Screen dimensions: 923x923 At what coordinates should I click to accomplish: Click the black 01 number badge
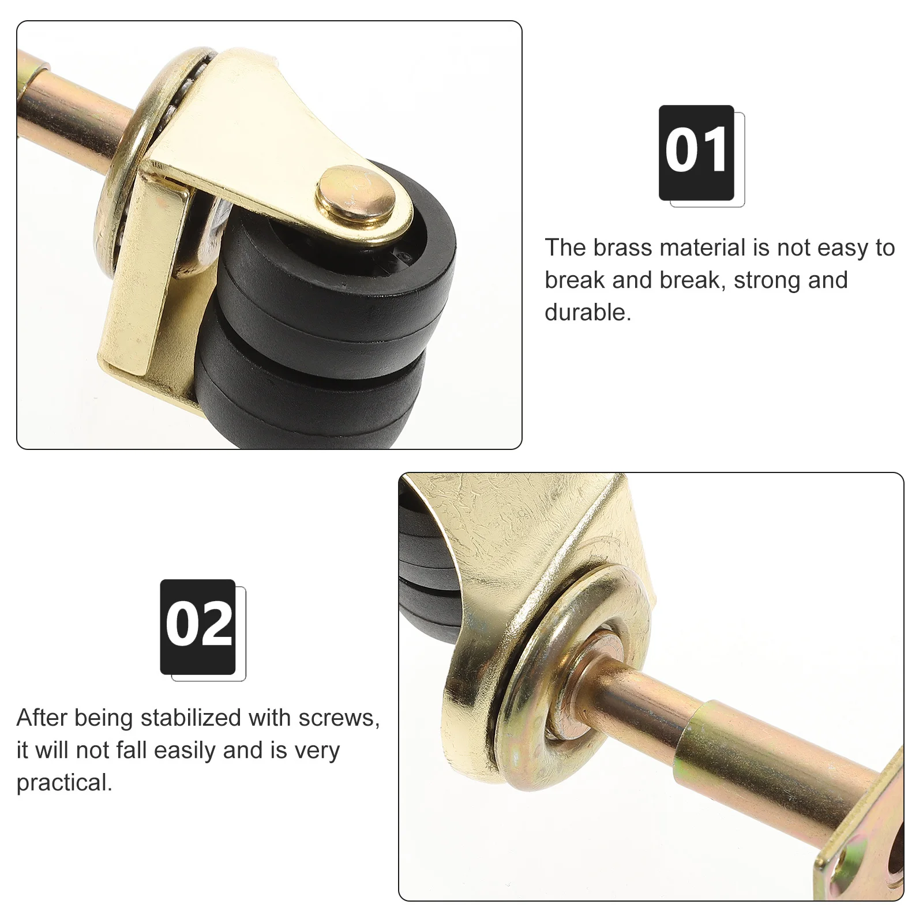[x=696, y=152]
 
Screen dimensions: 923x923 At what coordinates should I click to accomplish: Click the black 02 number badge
[x=198, y=626]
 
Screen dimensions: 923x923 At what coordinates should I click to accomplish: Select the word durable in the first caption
[x=587, y=312]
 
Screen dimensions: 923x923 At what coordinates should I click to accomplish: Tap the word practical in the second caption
[x=63, y=782]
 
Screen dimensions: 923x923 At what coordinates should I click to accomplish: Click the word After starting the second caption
[x=42, y=718]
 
